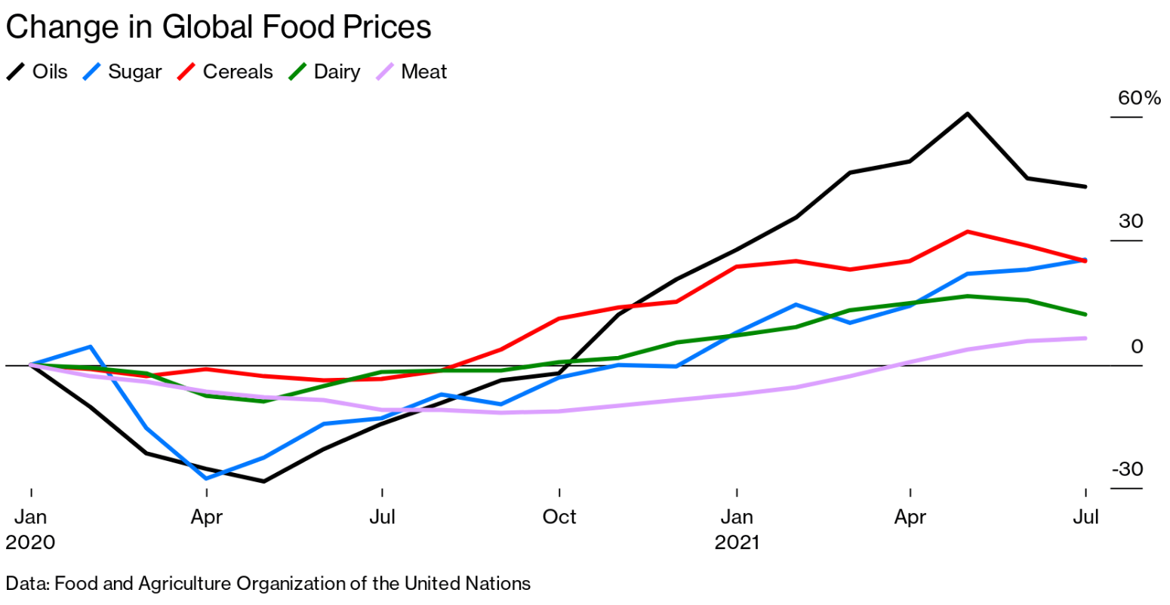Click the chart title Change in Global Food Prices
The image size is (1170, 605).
click(x=218, y=27)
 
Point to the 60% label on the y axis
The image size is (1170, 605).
click(x=1139, y=98)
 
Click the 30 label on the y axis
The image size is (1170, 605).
click(x=1131, y=222)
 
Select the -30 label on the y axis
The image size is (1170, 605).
click(x=1127, y=469)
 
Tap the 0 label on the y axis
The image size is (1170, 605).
click(x=1137, y=346)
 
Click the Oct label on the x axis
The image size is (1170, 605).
click(x=559, y=517)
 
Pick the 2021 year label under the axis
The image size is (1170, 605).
click(x=737, y=542)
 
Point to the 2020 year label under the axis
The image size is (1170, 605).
click(x=30, y=542)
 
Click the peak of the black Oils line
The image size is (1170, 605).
click(x=968, y=114)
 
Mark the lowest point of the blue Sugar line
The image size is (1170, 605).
click(x=206, y=478)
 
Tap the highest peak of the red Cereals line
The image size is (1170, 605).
click(x=968, y=232)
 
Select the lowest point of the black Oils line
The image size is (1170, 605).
click(x=263, y=481)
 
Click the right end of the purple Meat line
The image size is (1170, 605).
click(x=1085, y=338)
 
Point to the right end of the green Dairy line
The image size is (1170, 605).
click(x=1085, y=314)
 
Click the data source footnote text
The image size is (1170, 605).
click(x=268, y=583)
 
